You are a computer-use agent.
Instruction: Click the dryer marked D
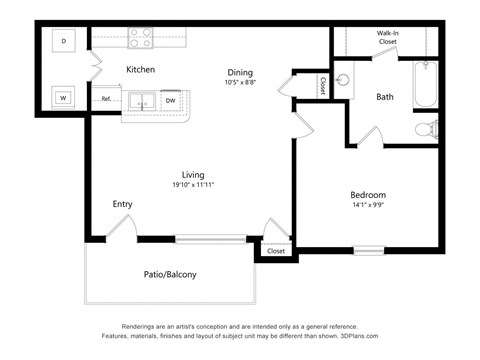pyautogui.click(x=64, y=41)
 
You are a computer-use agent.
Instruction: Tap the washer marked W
pyautogui.click(x=64, y=97)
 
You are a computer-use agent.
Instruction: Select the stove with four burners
pyautogui.click(x=140, y=38)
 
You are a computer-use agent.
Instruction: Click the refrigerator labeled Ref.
pyautogui.click(x=106, y=100)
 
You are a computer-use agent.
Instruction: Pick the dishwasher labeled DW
pyautogui.click(x=170, y=100)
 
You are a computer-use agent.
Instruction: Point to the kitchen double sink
pyautogui.click(x=141, y=100)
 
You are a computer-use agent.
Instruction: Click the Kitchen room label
pyautogui.click(x=139, y=69)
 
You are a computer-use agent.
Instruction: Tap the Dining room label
pyautogui.click(x=239, y=72)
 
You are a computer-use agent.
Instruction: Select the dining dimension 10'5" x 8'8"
pyautogui.click(x=239, y=83)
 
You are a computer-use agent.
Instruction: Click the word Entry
pyautogui.click(x=122, y=204)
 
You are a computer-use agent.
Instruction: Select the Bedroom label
pyautogui.click(x=367, y=194)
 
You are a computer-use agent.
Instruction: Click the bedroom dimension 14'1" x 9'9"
pyautogui.click(x=367, y=205)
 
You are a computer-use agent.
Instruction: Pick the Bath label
pyautogui.click(x=385, y=97)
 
